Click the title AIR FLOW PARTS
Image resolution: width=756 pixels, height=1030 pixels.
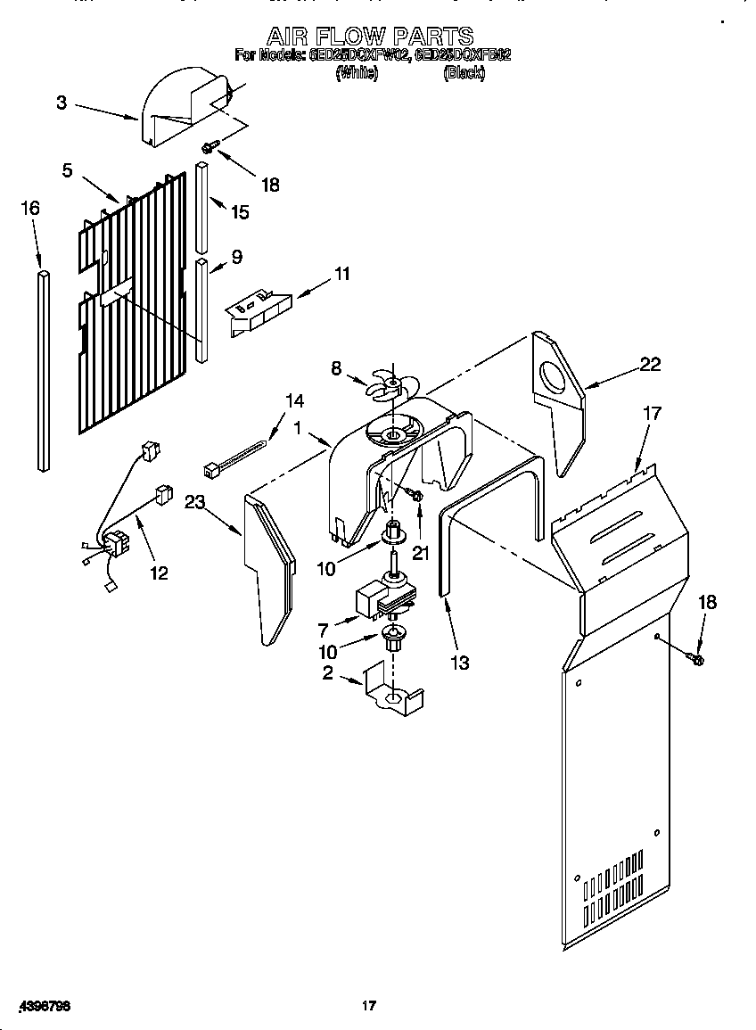click(371, 36)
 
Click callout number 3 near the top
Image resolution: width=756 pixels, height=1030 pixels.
click(61, 103)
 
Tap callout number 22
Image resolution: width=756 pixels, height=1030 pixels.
click(650, 363)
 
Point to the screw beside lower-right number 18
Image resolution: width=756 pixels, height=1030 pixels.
click(695, 658)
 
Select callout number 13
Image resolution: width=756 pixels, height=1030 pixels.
click(460, 663)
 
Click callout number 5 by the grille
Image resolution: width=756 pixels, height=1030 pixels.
click(67, 169)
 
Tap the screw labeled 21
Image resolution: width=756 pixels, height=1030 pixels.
click(415, 495)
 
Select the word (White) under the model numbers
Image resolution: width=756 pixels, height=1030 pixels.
click(356, 74)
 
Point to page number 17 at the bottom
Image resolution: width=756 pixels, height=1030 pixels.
click(368, 1006)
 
